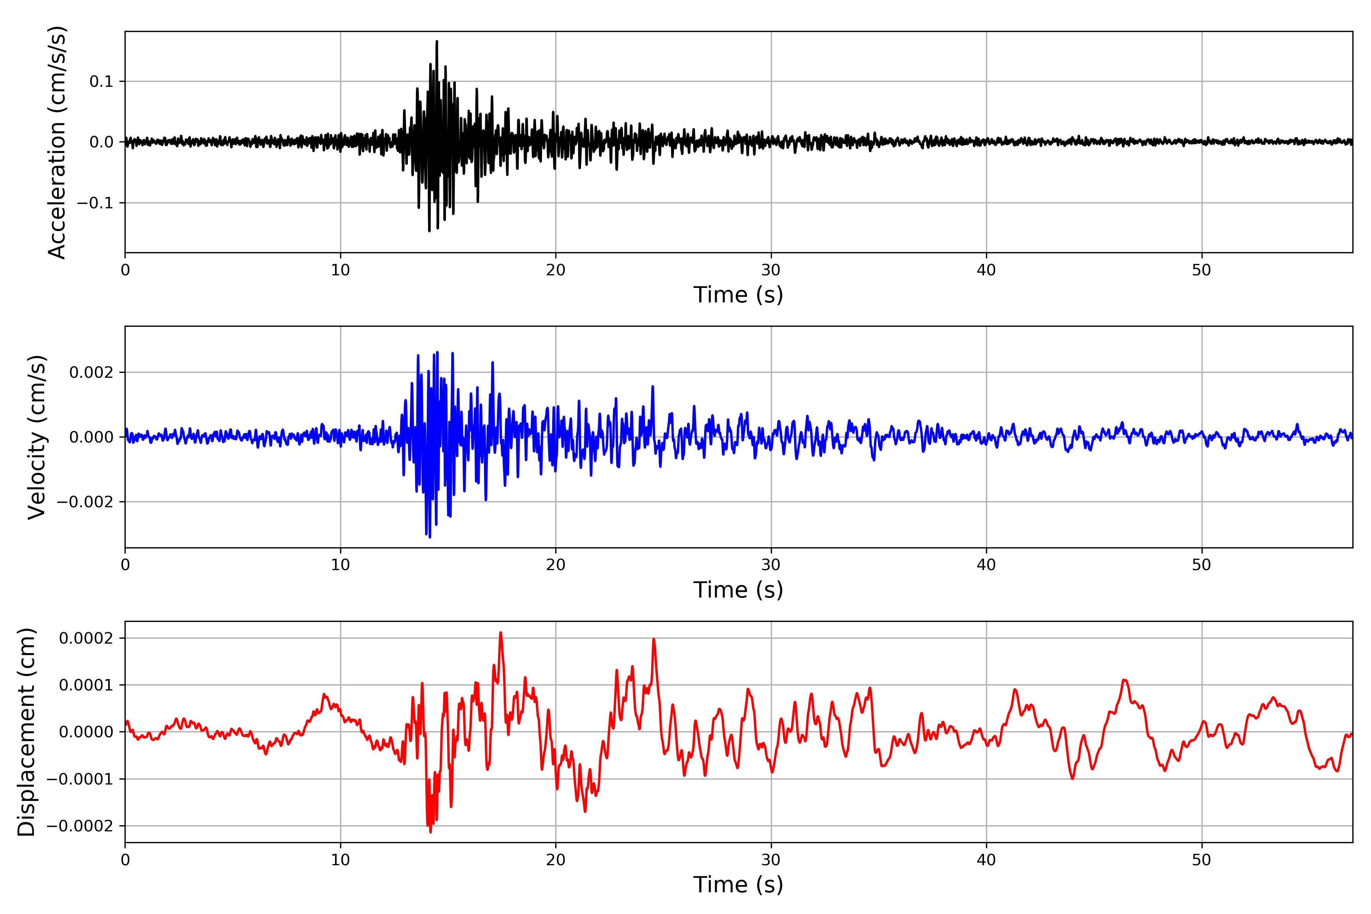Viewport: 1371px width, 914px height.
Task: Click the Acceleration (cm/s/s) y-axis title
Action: [57, 142]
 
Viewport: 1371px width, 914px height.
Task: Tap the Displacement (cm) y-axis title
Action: [26, 732]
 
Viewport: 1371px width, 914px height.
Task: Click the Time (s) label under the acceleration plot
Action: [738, 295]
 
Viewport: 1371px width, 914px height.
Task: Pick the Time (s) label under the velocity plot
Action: [738, 590]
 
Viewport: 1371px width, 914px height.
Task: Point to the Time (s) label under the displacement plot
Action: [738, 885]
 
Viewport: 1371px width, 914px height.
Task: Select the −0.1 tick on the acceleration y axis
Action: [95, 203]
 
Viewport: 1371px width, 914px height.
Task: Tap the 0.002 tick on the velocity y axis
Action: [91, 372]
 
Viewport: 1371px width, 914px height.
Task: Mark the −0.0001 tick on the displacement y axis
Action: [80, 779]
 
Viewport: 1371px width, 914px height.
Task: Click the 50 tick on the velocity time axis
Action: [1202, 565]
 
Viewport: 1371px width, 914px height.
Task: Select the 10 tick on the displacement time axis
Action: [340, 860]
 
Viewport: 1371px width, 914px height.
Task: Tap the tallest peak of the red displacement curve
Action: [500, 633]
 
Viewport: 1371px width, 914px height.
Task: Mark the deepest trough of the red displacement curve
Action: [431, 832]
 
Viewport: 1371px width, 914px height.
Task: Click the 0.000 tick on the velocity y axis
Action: [91, 437]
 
